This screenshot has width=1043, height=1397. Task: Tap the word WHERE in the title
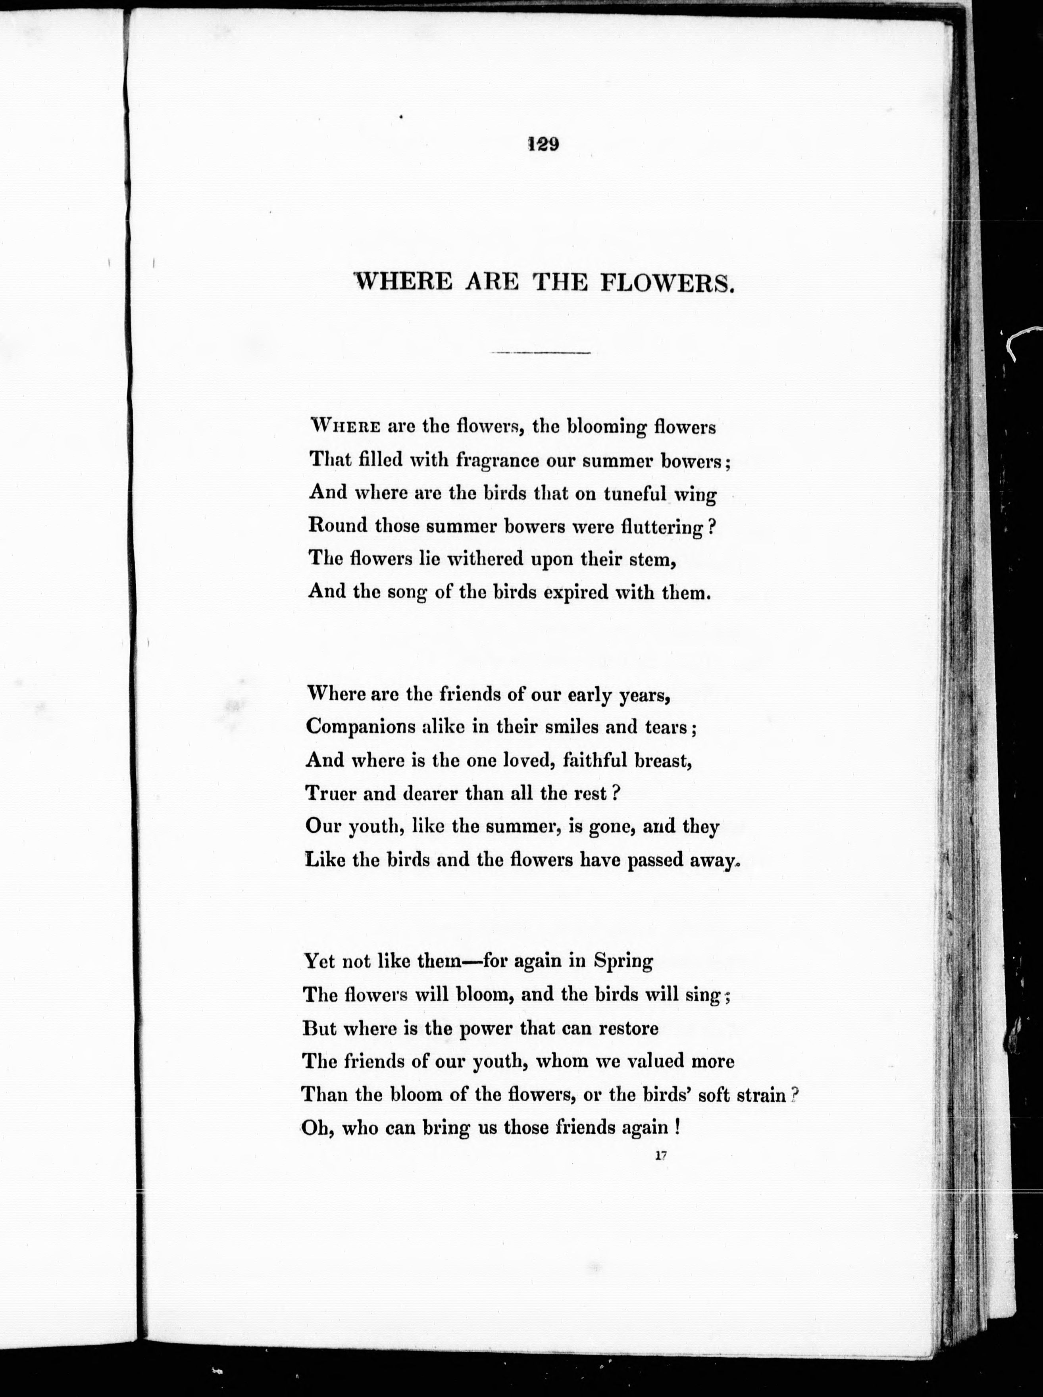pos(405,281)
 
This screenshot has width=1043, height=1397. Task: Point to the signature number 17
pos(661,1156)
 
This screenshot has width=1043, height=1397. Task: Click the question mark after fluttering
pos(712,526)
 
